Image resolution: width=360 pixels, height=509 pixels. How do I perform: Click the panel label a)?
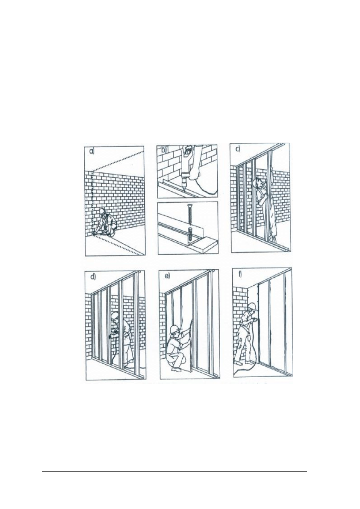point(92,152)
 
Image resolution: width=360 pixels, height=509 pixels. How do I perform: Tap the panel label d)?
point(93,278)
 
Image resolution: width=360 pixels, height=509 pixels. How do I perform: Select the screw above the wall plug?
point(189,214)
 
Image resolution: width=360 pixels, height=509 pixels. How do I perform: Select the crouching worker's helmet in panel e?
point(174,328)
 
